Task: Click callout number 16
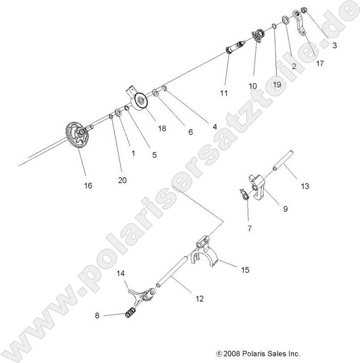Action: click(88, 185)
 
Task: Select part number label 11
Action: click(223, 93)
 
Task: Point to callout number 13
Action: click(305, 186)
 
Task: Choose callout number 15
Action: click(245, 270)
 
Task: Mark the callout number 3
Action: click(334, 46)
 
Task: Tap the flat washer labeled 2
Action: click(286, 20)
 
